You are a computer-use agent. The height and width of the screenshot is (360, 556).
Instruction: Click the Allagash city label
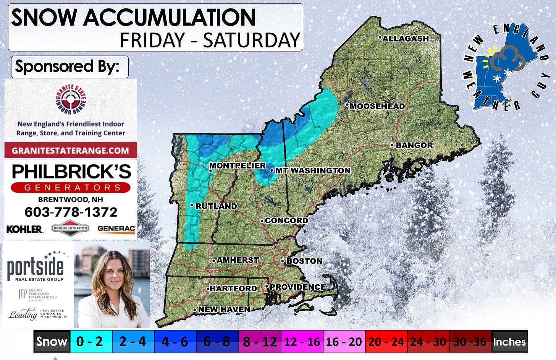pos(405,39)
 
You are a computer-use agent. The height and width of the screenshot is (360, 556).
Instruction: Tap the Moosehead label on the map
pos(377,106)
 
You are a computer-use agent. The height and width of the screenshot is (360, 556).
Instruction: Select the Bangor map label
pos(414,145)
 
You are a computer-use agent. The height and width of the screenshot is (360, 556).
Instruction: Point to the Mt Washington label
pos(312,170)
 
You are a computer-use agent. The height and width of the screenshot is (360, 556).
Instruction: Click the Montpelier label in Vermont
pos(237,165)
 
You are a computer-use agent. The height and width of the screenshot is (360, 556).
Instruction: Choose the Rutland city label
pos(216,206)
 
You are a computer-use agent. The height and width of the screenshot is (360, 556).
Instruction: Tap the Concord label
pos(286,221)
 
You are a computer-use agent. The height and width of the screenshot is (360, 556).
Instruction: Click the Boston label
pos(304,261)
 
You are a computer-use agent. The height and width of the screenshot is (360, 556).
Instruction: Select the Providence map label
pos(297,287)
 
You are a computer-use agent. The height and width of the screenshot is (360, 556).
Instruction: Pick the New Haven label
pos(224,309)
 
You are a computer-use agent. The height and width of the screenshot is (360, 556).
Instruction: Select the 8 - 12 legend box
pos(260,341)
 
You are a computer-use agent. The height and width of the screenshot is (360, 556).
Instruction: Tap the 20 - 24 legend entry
pos(386,341)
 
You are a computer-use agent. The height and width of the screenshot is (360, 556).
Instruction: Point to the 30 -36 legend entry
pos(470,341)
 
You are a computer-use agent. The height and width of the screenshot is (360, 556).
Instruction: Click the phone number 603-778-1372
pos(71,212)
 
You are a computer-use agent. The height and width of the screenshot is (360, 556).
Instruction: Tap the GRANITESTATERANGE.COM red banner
pos(71,150)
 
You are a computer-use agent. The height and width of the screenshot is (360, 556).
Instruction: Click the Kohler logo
pos(24,229)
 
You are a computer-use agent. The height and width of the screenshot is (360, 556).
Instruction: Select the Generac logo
pos(116,229)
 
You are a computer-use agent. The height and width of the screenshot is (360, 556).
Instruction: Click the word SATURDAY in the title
pos(252,41)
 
